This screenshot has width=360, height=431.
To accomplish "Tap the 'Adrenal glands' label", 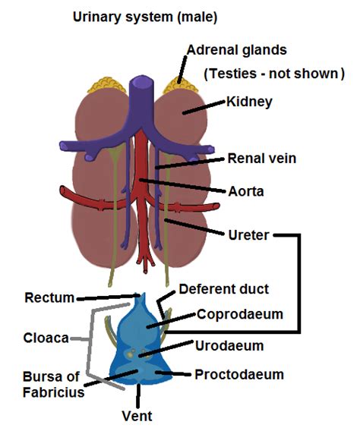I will point(237,51).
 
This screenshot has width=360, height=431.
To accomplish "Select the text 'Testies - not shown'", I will point(274,74).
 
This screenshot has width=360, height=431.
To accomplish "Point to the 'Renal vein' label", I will point(261,159).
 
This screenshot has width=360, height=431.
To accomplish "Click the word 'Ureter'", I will point(247,234).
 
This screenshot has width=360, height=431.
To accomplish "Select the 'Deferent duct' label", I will point(223,289).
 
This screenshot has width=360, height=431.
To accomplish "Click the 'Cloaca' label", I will point(46,338).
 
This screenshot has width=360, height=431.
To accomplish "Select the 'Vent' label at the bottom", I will point(137,416).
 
